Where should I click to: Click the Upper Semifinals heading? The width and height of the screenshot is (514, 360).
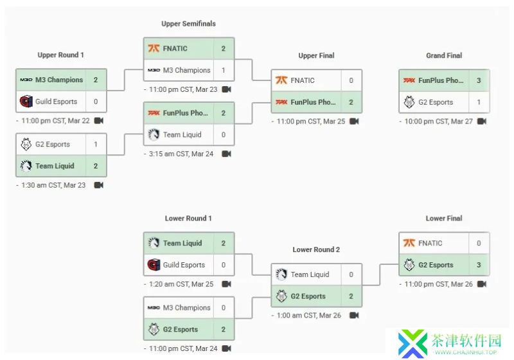[x=188, y=24]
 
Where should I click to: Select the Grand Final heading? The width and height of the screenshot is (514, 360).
[x=444, y=55]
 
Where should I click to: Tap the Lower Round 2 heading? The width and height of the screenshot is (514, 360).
[x=316, y=249]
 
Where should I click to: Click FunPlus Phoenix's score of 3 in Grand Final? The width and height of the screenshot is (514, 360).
[x=479, y=80]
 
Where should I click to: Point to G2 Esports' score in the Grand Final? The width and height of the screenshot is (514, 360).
[x=479, y=102]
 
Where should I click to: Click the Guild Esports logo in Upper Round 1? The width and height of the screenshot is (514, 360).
[x=26, y=102]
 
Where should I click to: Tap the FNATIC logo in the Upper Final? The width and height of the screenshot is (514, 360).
[x=281, y=80]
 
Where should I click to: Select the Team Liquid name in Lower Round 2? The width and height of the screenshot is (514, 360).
[x=310, y=274]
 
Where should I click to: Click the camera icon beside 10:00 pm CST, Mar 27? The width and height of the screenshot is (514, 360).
[x=481, y=122]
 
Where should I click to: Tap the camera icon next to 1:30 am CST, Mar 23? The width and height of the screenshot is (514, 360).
[x=99, y=185]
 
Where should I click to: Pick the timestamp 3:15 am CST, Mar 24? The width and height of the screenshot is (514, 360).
[x=181, y=154]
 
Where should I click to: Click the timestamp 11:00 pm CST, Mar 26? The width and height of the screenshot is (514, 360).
[x=439, y=284]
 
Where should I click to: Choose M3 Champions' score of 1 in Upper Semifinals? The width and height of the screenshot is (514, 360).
[x=223, y=70]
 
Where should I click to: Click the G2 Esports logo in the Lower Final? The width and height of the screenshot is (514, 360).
[x=409, y=265]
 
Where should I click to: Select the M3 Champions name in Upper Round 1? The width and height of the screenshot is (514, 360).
[x=59, y=80]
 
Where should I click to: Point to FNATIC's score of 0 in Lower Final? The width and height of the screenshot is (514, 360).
[x=479, y=243]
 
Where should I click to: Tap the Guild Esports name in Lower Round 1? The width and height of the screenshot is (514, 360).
[x=184, y=265]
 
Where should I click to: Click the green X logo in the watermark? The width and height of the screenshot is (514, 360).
[x=412, y=343]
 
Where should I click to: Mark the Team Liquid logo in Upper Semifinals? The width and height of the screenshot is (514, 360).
[x=154, y=134]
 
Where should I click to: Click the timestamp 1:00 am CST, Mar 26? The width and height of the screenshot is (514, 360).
[x=309, y=316]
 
